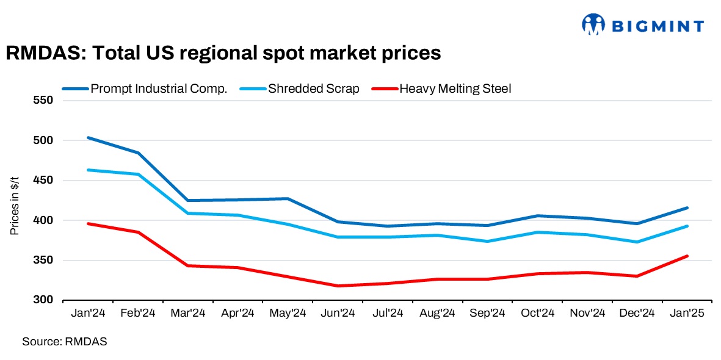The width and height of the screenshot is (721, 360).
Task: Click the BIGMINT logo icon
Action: tap(593, 24)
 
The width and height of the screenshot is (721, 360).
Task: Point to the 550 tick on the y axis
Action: tap(46, 101)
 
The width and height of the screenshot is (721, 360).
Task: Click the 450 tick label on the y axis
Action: tap(46, 181)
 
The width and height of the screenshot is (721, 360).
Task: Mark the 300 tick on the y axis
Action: tap(46, 300)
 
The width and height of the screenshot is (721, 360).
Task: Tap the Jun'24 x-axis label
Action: tap(338, 313)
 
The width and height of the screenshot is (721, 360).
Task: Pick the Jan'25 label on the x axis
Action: tap(687, 313)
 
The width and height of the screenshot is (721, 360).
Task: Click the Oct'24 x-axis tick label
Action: tap(537, 313)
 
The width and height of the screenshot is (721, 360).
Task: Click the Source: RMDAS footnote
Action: tap(65, 342)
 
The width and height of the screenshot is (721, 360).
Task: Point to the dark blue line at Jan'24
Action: tap(88, 138)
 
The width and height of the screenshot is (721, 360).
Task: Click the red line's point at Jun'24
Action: tap(338, 286)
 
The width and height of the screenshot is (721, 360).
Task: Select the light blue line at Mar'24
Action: tap(188, 213)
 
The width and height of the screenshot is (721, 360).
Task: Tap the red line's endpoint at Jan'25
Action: tap(687, 256)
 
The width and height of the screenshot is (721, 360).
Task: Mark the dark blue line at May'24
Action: tap(288, 199)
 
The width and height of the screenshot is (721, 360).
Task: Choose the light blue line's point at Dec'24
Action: tap(637, 242)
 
